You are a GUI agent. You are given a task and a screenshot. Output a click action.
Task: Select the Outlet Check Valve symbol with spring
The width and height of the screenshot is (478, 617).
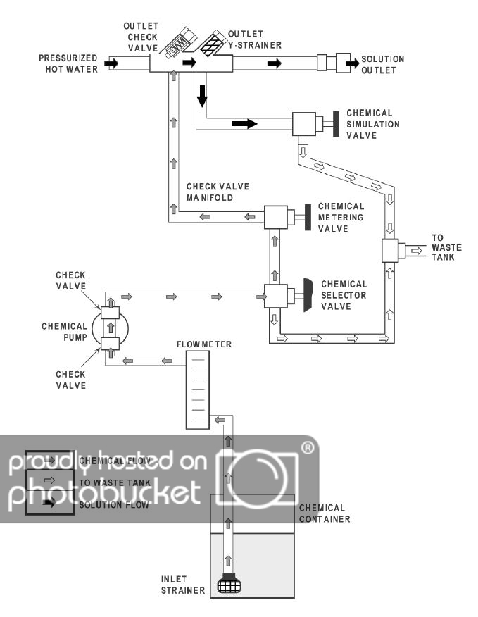[x=173, y=43]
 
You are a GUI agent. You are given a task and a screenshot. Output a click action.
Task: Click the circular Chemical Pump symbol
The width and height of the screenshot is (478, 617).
[x=113, y=328]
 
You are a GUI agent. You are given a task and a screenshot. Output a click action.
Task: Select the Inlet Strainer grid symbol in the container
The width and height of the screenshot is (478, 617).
[x=227, y=585]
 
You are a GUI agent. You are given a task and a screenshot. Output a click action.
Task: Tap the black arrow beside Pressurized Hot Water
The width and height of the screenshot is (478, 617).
[x=111, y=63]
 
